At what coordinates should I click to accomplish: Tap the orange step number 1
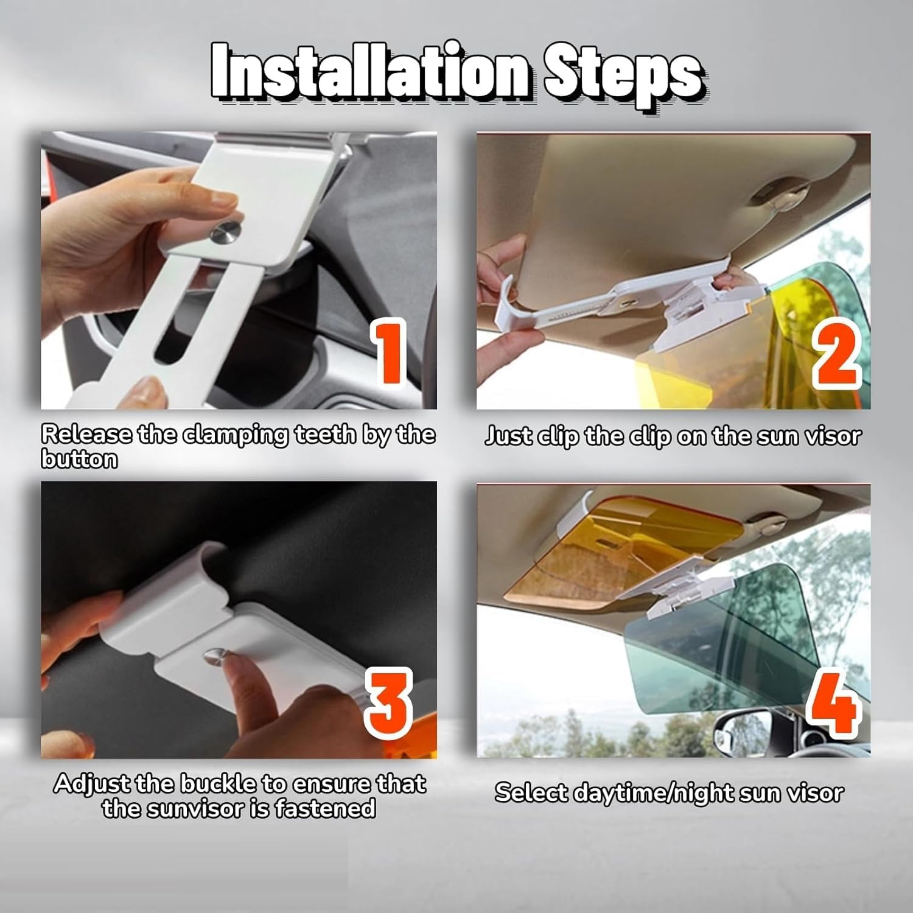point(390,352)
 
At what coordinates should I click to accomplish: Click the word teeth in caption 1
point(327,434)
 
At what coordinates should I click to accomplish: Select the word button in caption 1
point(79,459)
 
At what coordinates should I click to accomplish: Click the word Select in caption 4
point(531,792)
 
